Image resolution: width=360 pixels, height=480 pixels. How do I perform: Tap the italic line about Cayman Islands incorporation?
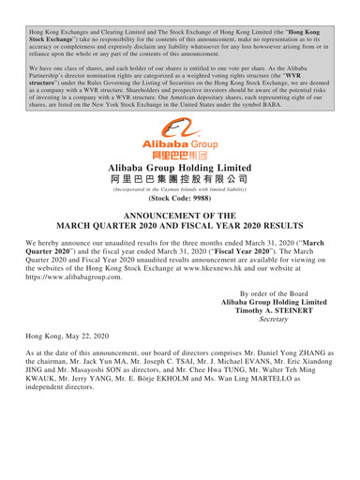(x=179, y=189)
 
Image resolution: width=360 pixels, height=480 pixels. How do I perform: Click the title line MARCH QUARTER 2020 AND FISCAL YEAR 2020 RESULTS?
(x=179, y=232)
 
